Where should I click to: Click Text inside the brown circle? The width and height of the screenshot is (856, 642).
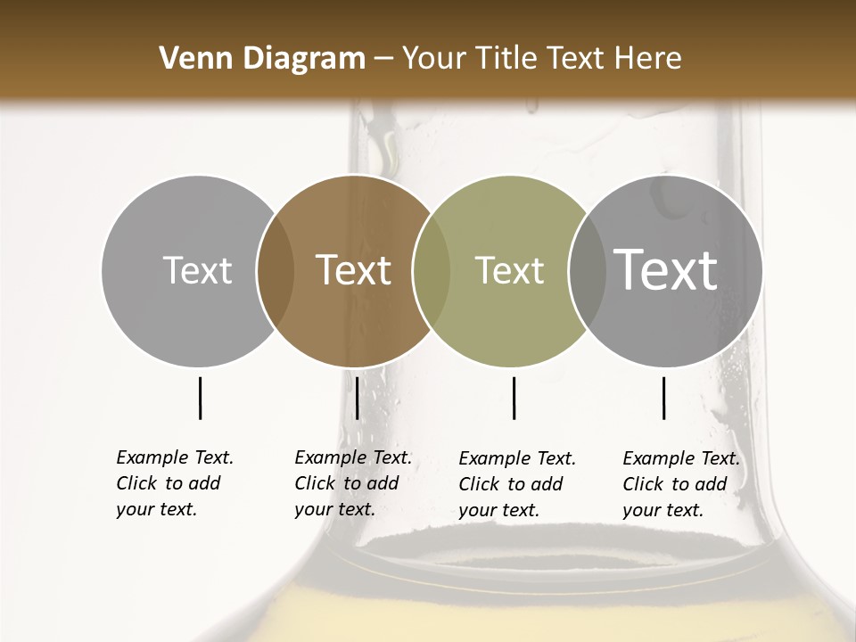point(354,270)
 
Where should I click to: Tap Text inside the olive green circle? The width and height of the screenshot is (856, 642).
point(510,270)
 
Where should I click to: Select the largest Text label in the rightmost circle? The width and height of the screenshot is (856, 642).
point(666,269)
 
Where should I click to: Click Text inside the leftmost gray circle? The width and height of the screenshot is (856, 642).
point(197,270)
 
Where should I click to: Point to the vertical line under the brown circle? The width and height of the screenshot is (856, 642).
point(357,398)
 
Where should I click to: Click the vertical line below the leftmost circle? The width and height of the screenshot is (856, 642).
point(201,398)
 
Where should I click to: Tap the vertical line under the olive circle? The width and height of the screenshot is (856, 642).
point(514,398)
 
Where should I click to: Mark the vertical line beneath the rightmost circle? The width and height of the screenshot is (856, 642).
point(664,398)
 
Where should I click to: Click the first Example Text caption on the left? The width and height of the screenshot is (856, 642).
point(174,483)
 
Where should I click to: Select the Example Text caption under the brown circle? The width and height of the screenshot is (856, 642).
point(352,483)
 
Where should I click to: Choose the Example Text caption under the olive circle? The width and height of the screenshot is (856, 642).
point(516,484)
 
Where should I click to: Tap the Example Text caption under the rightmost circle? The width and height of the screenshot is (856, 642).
point(680,484)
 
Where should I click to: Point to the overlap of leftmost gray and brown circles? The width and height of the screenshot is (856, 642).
point(276,271)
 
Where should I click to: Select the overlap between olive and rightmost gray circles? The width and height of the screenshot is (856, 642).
point(583,271)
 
